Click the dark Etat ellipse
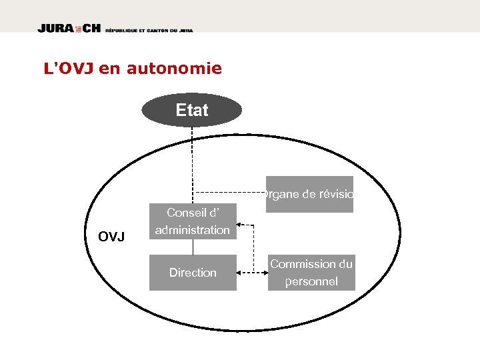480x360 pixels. [192, 110]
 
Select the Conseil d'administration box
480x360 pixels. [193, 221]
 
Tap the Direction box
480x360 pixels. [193, 273]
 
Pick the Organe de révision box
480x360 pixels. [309, 194]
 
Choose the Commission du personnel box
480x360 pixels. [311, 273]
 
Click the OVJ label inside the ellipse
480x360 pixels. [111, 237]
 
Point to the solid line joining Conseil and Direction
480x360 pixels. [193, 247]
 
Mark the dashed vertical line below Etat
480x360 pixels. [193, 153]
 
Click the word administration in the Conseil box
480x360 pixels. [193, 230]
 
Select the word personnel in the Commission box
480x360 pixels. [311, 281]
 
